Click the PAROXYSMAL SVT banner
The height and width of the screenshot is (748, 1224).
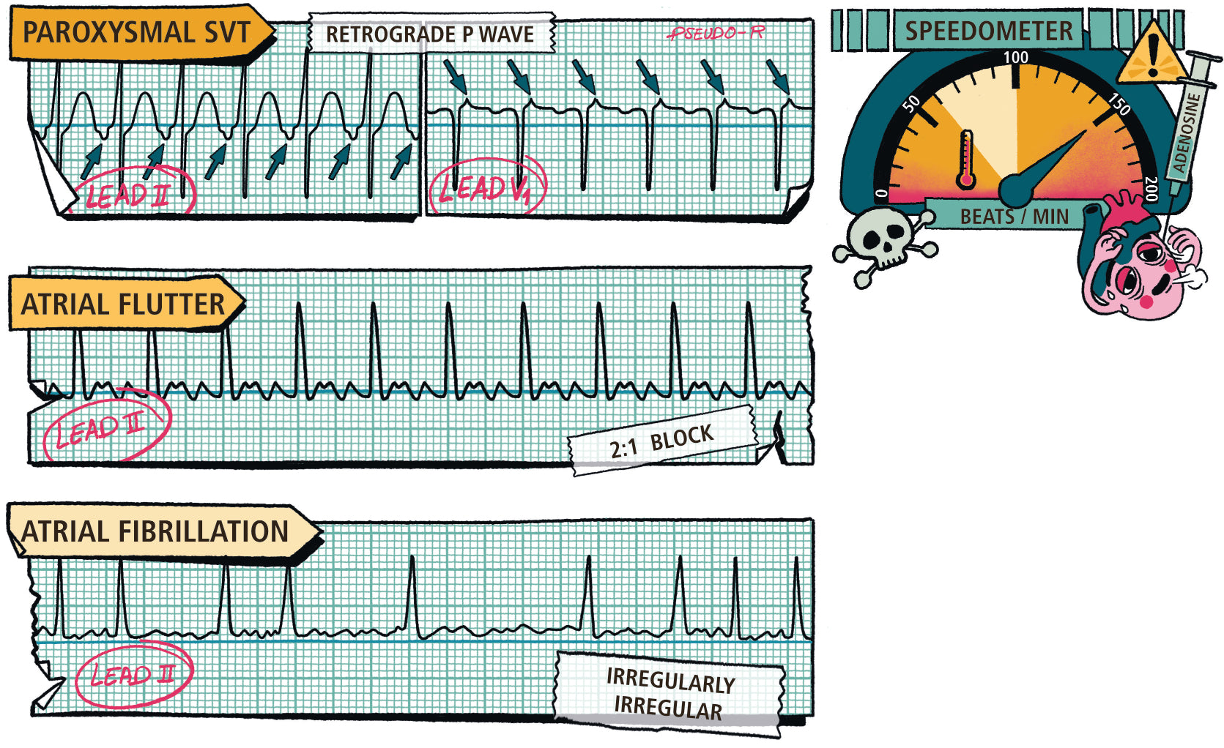[x=137, y=33]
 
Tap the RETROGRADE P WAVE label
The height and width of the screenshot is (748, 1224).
[x=430, y=34]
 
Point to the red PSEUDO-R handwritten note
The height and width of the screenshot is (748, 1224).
[x=716, y=33]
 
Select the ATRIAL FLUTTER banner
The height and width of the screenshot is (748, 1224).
[x=123, y=304]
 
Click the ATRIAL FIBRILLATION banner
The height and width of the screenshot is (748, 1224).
[x=155, y=531]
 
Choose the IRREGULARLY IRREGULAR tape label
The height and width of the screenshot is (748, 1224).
[x=668, y=694]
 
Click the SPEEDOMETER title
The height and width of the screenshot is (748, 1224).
[x=988, y=31]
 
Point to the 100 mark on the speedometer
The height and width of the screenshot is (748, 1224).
[x=1015, y=58]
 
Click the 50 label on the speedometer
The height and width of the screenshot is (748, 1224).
[x=912, y=103]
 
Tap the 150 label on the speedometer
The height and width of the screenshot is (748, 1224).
[x=1119, y=104]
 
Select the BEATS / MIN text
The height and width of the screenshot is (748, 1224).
[x=1014, y=217]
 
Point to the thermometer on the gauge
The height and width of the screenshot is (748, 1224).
[x=966, y=160]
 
